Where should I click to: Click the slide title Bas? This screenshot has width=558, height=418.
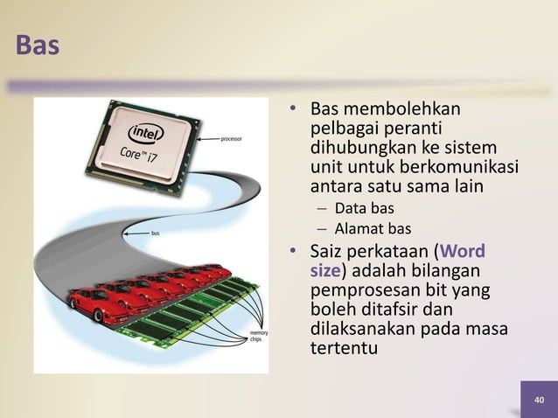click(x=38, y=45)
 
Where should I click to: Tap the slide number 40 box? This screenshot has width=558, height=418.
click(x=539, y=400)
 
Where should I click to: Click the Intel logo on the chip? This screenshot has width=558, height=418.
click(x=147, y=134)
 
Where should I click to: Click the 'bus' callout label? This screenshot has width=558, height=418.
click(x=155, y=233)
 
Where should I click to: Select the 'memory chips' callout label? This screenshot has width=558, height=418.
click(x=260, y=338)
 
